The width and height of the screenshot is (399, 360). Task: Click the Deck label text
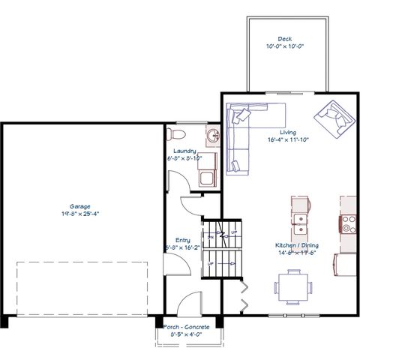tap(284, 38)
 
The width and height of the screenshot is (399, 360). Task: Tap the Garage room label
tap(80, 206)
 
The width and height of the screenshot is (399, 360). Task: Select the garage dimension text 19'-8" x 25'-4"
tap(80, 213)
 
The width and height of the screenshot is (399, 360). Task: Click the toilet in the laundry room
tap(177, 134)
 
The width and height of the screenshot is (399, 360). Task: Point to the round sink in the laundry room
tap(214, 136)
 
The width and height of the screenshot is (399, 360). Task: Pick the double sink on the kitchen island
tap(300, 220)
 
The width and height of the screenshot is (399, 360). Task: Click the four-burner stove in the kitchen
tap(348, 223)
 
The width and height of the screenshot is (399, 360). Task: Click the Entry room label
tap(183, 240)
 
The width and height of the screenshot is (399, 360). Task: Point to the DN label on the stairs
tap(211, 237)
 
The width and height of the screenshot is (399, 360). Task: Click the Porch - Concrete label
tap(187, 327)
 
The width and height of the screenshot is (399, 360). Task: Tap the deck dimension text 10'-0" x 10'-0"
tap(284, 46)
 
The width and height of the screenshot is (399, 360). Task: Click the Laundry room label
tap(184, 151)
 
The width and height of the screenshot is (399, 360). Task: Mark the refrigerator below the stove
tap(347, 265)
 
